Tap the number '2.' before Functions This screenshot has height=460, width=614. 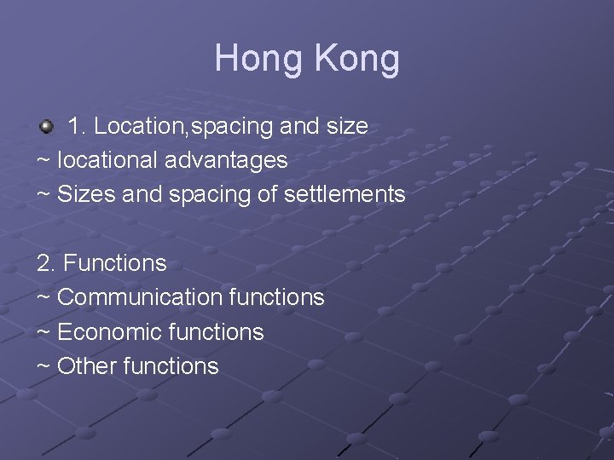click(47, 263)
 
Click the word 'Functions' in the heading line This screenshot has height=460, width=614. click(115, 263)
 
